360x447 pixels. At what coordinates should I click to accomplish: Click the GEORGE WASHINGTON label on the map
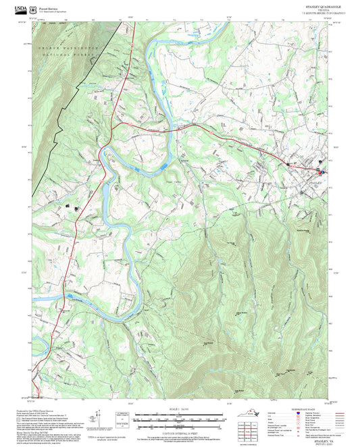click(x=68, y=49)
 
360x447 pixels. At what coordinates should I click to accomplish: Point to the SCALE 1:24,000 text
click(x=180, y=409)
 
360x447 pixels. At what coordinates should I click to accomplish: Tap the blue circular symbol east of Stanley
click(x=322, y=172)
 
